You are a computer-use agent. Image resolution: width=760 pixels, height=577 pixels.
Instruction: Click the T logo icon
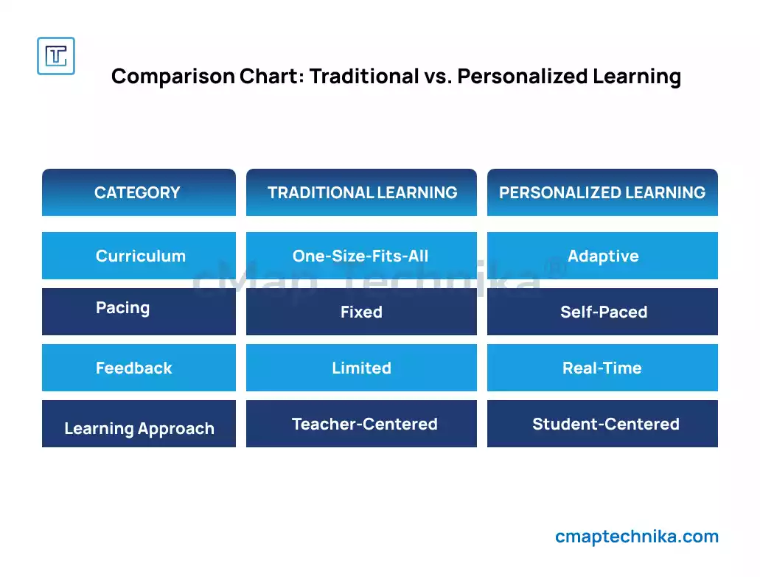coord(56,56)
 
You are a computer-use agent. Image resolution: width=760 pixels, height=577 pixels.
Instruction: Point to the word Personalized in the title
coord(523,77)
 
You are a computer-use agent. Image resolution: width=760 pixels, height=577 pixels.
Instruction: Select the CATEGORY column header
coord(139,192)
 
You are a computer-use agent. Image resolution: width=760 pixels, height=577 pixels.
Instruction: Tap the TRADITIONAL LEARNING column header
coord(362,192)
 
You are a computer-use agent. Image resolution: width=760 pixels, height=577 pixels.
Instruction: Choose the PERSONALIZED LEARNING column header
coord(602,192)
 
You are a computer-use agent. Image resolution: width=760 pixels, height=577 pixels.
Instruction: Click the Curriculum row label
coord(139,256)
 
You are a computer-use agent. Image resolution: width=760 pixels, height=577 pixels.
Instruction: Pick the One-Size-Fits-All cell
coord(362,256)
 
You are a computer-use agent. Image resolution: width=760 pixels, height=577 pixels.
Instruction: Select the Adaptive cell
coord(602,256)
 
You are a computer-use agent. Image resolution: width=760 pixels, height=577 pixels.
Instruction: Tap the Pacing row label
coord(139,312)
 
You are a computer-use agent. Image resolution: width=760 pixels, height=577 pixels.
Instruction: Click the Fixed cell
coord(362,312)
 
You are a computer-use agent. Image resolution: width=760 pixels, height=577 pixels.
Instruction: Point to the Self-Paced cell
coord(602,312)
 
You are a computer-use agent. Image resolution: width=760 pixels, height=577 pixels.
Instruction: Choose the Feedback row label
coord(139,368)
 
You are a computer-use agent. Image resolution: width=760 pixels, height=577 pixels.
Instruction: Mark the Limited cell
coord(362,368)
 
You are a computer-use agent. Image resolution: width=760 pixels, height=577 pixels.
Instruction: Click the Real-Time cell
coord(602,368)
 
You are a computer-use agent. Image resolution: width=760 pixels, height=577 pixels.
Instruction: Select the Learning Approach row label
coord(139,424)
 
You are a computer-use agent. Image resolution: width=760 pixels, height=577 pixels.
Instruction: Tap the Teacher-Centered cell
coord(362,424)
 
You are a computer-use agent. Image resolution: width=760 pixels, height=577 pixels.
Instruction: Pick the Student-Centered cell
coord(602,424)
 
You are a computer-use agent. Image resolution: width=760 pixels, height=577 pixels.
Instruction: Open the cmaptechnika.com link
coord(637,536)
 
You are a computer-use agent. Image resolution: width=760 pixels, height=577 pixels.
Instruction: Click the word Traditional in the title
coord(364,77)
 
